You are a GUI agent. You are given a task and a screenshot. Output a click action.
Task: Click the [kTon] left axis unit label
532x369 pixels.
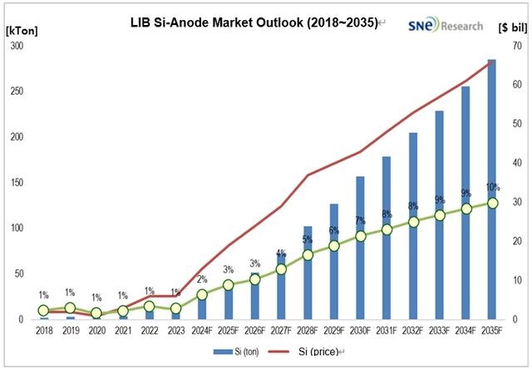pos(20,28)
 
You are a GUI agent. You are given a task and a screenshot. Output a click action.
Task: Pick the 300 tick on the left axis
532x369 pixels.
pos(16,46)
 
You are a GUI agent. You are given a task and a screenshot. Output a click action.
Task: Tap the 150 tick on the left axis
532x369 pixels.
pos(16,183)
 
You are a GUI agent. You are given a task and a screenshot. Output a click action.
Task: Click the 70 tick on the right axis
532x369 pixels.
pos(515,46)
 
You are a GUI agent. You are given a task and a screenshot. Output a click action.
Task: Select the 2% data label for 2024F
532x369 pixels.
pos(202,280)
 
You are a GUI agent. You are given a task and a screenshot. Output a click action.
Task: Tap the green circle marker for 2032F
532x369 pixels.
pos(413,222)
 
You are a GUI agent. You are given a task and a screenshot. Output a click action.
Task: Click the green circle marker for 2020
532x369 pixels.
pos(96,313)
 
